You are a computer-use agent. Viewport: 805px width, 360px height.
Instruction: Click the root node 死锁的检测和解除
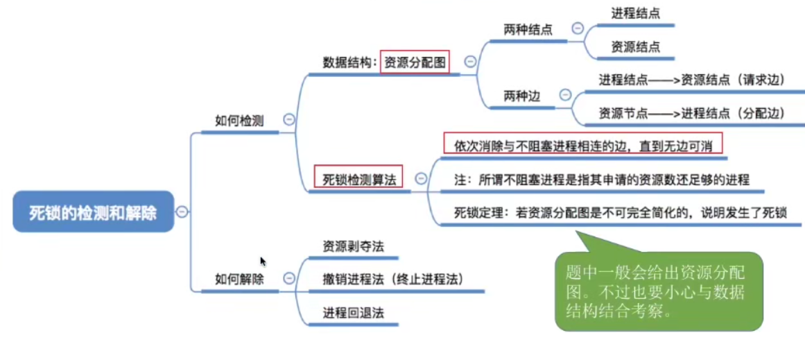coord(92,212)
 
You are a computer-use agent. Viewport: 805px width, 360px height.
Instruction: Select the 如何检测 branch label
coord(239,121)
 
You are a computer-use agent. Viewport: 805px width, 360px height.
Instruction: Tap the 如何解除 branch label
coord(239,280)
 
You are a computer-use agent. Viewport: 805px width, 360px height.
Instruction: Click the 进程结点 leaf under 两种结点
coord(635,13)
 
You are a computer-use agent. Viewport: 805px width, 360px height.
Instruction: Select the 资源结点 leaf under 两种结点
coord(635,46)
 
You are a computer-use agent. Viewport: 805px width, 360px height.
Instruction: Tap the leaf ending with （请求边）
coord(691,80)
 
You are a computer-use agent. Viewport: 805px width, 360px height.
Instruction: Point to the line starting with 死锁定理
coord(620,213)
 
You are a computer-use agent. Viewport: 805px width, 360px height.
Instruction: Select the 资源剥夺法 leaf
coord(353,246)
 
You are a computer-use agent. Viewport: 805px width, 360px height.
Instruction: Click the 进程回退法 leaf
coord(353,312)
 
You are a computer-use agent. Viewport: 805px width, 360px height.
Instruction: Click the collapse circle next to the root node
coord(182,212)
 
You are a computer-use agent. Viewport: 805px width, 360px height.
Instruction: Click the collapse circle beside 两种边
coord(565,95)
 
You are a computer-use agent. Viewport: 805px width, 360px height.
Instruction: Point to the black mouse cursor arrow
coord(263,261)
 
